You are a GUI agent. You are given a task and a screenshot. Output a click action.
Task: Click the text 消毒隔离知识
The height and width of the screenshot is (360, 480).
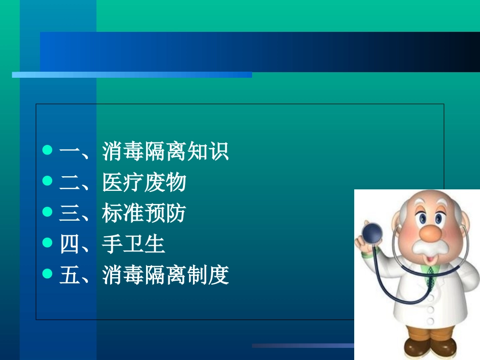pyautogui.click(x=166, y=151)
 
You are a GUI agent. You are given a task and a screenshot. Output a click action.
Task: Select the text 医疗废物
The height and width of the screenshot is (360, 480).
pyautogui.click(x=144, y=182)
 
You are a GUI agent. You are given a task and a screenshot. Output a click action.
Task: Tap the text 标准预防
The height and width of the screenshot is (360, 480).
pyautogui.click(x=144, y=214)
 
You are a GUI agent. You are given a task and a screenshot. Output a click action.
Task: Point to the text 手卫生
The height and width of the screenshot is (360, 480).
pyautogui.click(x=133, y=244)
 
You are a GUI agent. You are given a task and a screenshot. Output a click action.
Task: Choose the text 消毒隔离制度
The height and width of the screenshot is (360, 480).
pyautogui.click(x=166, y=276)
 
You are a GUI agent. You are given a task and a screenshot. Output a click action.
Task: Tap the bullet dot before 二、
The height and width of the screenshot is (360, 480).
pyautogui.click(x=47, y=181)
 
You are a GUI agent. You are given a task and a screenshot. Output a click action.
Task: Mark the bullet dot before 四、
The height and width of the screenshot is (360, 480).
pyautogui.click(x=47, y=243)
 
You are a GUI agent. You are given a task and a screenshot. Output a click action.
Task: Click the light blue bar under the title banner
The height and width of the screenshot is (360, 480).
pyautogui.click(x=131, y=75)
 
